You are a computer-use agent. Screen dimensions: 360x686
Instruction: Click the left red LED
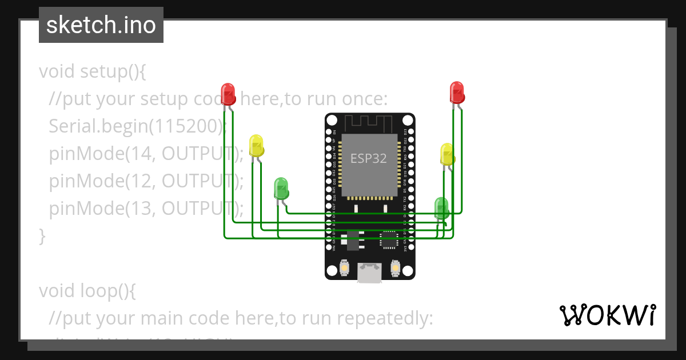(x=228, y=93)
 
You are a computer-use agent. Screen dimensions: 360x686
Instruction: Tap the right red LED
(x=456, y=91)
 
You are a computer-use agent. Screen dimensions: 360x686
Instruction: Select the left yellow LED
(x=256, y=145)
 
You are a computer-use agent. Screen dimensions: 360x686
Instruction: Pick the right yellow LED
(x=447, y=154)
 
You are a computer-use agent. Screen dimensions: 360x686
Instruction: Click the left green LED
(x=281, y=187)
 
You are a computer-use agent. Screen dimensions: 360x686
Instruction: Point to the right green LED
(x=441, y=207)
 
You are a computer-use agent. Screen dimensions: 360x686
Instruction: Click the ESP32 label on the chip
(x=369, y=159)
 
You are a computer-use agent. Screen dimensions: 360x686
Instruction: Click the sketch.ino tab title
(x=101, y=25)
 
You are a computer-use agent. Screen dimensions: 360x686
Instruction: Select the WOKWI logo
(x=608, y=315)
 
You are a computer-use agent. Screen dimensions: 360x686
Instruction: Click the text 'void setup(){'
(x=93, y=72)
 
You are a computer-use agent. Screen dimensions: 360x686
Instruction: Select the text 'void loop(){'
(x=87, y=291)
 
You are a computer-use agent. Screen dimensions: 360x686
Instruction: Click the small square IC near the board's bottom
(x=389, y=239)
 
